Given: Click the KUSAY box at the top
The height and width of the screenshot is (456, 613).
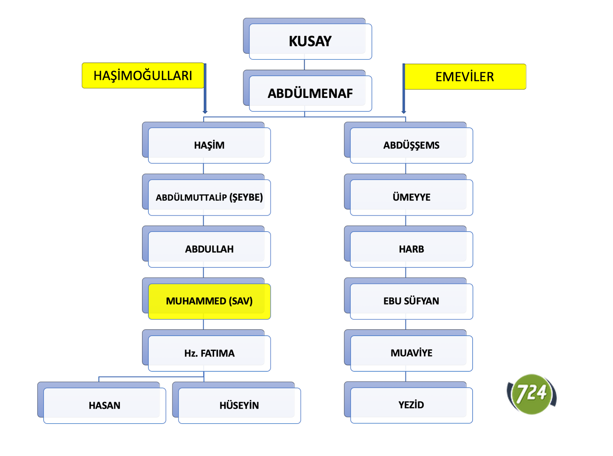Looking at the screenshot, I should [x=310, y=41].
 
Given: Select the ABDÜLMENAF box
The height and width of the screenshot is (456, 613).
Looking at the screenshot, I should [x=310, y=93].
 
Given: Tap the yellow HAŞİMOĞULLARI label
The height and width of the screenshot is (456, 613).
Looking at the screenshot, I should [x=143, y=75].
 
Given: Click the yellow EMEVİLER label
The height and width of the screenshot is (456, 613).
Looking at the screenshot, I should [x=465, y=77].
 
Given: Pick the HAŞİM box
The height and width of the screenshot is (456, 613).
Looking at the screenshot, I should [x=209, y=145].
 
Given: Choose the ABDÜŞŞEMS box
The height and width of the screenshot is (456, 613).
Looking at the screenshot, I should [x=411, y=145].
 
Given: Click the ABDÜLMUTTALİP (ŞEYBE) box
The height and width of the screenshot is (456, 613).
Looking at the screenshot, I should [x=209, y=197].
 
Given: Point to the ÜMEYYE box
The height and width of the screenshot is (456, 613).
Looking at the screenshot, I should [x=411, y=197].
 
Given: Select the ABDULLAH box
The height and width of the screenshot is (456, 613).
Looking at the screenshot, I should [x=209, y=249].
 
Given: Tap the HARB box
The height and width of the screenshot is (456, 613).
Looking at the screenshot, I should [x=411, y=249].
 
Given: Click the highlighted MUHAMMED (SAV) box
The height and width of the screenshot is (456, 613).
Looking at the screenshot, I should [x=209, y=301].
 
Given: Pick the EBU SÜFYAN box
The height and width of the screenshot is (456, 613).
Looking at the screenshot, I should [x=411, y=301].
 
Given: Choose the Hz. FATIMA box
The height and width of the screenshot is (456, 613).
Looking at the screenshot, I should [x=209, y=353].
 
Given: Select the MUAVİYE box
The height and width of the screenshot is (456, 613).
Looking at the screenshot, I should [x=411, y=353].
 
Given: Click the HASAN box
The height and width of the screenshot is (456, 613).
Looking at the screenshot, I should [x=104, y=405].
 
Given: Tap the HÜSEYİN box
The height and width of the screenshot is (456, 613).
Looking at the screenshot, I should [x=239, y=405].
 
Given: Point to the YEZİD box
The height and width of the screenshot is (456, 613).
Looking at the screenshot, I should [x=411, y=405].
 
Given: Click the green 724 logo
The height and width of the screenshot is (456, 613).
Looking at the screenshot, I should [x=532, y=393].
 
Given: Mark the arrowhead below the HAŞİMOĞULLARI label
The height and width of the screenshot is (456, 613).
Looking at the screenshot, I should [x=205, y=112].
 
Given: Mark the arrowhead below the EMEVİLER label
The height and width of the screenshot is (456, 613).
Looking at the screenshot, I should [x=404, y=112].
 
